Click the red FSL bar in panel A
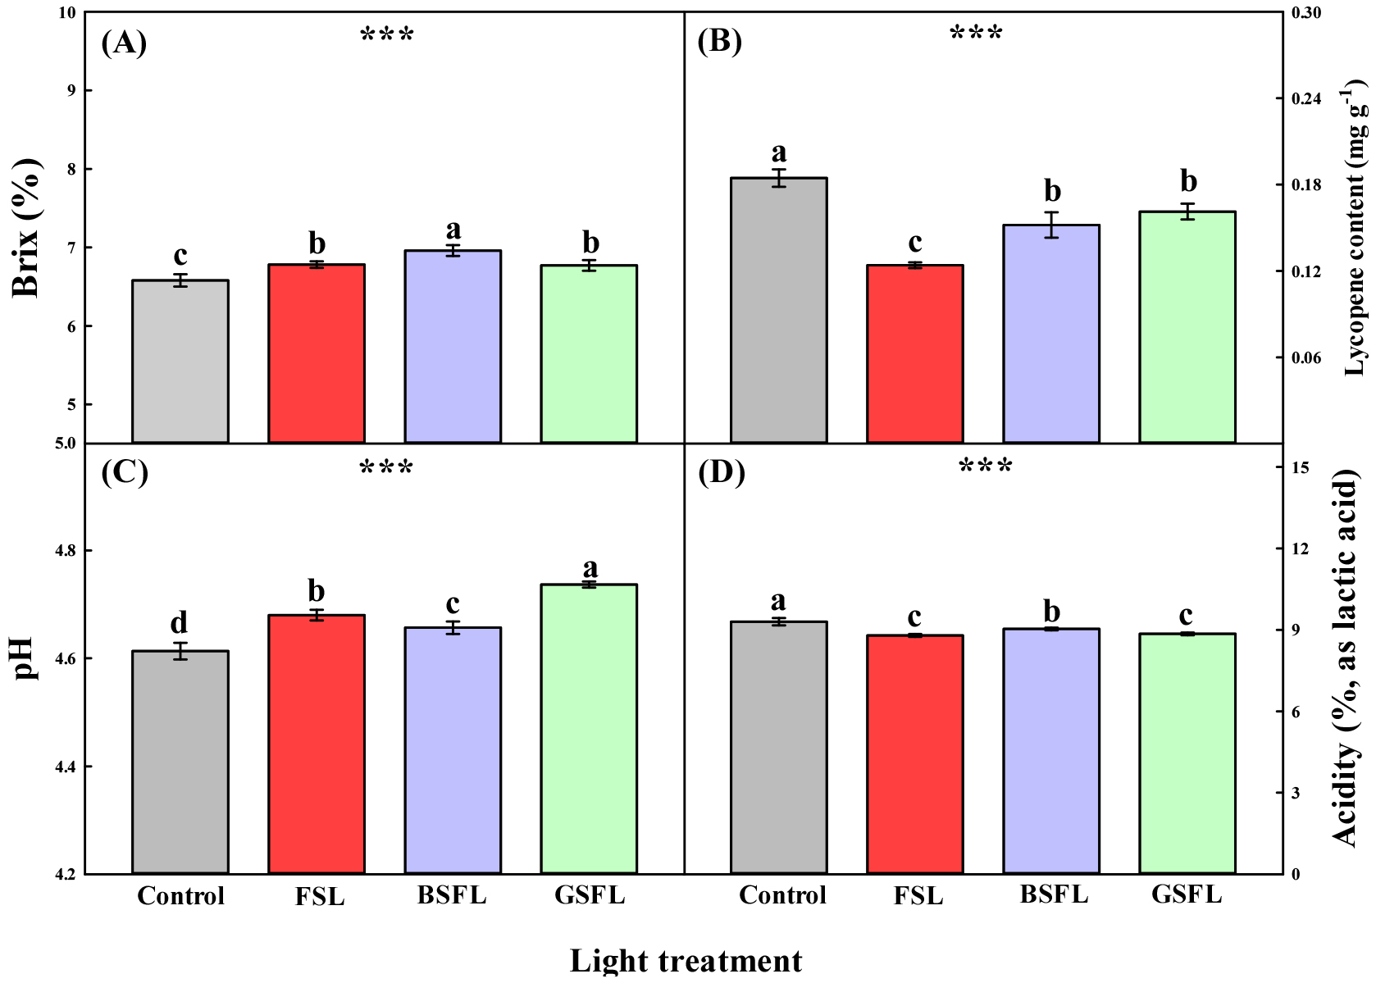[x=317, y=353]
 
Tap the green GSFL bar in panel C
[x=589, y=729]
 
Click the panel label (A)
[x=124, y=42]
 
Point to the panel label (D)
[x=721, y=473]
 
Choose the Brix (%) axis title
[x=27, y=228]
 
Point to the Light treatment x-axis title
[x=686, y=961]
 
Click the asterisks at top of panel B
[x=976, y=34]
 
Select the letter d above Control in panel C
[x=179, y=623]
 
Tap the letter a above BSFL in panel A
[x=453, y=230]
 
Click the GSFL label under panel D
[x=1187, y=894]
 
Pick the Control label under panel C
[x=180, y=896]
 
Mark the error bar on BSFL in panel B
[x=1051, y=225]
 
